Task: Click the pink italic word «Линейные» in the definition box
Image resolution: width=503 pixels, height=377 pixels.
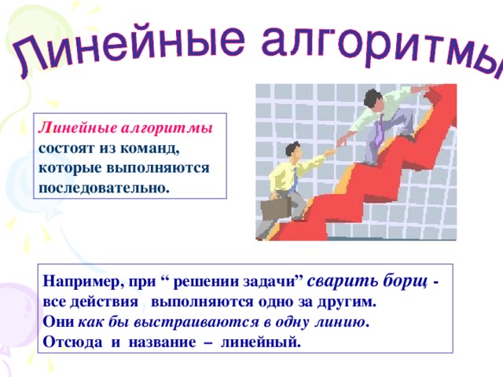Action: point(75,128)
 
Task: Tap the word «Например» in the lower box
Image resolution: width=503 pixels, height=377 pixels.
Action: point(79,280)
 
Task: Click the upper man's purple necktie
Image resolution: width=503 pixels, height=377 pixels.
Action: point(378,127)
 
